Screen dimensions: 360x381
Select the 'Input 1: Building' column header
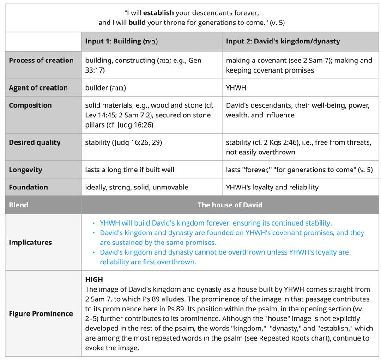pos(121,41)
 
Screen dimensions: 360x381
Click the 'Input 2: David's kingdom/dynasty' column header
pos(283,41)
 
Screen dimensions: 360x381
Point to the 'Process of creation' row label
pos(41,61)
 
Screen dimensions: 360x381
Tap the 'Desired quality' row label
pos(35,142)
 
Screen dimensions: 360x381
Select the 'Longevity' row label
pos(25,170)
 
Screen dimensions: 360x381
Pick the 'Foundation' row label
pos(28,187)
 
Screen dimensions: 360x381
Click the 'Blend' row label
pos(18,205)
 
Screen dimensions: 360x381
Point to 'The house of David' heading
pos(230,205)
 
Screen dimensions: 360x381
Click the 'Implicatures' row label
pos(30,242)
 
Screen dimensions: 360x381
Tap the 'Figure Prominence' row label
pos(41,313)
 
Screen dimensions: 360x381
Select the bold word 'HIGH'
pos(94,280)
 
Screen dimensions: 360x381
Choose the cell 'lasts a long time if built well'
pos(130,170)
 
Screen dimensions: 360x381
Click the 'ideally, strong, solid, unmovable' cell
pos(137,187)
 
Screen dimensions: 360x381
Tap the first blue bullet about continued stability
pos(215,223)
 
